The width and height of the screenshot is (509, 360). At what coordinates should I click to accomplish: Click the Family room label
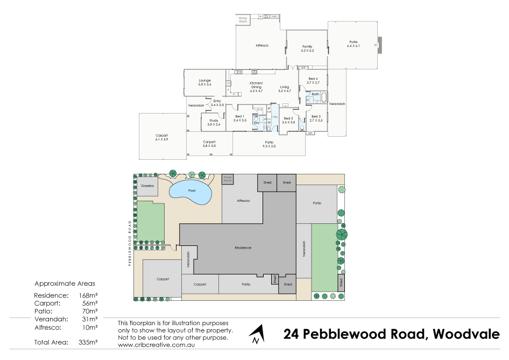(307, 48)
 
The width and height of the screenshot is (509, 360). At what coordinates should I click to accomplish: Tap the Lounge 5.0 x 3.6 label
(204, 82)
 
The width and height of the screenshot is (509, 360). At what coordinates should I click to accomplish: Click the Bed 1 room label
(240, 118)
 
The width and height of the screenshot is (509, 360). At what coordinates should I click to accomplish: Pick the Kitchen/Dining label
(256, 85)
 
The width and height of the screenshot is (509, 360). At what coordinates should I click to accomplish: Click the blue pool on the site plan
(190, 192)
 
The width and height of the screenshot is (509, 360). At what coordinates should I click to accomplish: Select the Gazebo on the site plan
(147, 186)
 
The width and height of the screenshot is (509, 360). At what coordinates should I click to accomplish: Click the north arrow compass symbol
(257, 334)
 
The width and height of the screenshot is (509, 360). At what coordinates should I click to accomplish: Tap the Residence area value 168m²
(89, 295)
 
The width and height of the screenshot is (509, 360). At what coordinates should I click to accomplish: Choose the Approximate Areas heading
(65, 283)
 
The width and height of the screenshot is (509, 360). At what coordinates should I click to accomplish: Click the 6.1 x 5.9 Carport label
(161, 137)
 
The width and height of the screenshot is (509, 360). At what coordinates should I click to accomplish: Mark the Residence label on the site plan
(243, 248)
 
